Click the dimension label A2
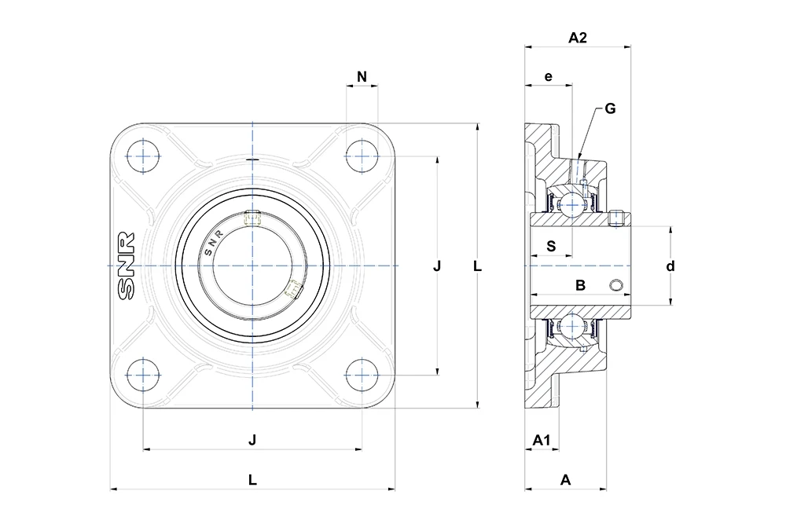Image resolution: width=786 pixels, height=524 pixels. coord(578,38)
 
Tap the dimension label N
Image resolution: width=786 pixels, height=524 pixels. coord(362,77)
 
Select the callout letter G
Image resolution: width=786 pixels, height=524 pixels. coord(610,108)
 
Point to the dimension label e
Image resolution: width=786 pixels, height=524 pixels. coord(549,77)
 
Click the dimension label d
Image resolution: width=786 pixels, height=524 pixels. coord(670,266)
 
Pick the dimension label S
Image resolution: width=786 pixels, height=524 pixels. coord(551,246)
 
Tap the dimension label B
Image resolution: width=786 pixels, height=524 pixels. coord(581,285)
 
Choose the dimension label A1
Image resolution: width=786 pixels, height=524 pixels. coord(542,441)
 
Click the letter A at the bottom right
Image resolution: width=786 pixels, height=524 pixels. coord(565,480)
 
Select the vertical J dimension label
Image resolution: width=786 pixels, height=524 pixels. coord(437,266)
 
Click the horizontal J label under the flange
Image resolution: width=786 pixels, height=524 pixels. coord(252,440)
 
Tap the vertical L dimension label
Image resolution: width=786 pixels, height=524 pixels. coord(477,266)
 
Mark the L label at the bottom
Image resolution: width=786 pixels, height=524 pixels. coord(252,480)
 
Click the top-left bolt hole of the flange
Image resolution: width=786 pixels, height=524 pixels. coord(143,156)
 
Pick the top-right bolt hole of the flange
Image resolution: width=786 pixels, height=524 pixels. coord(362,156)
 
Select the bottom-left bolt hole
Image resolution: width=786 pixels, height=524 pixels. coord(143,375)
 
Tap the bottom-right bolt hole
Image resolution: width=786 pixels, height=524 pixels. coord(362,375)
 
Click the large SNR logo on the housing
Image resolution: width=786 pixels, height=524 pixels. coord(126,266)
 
